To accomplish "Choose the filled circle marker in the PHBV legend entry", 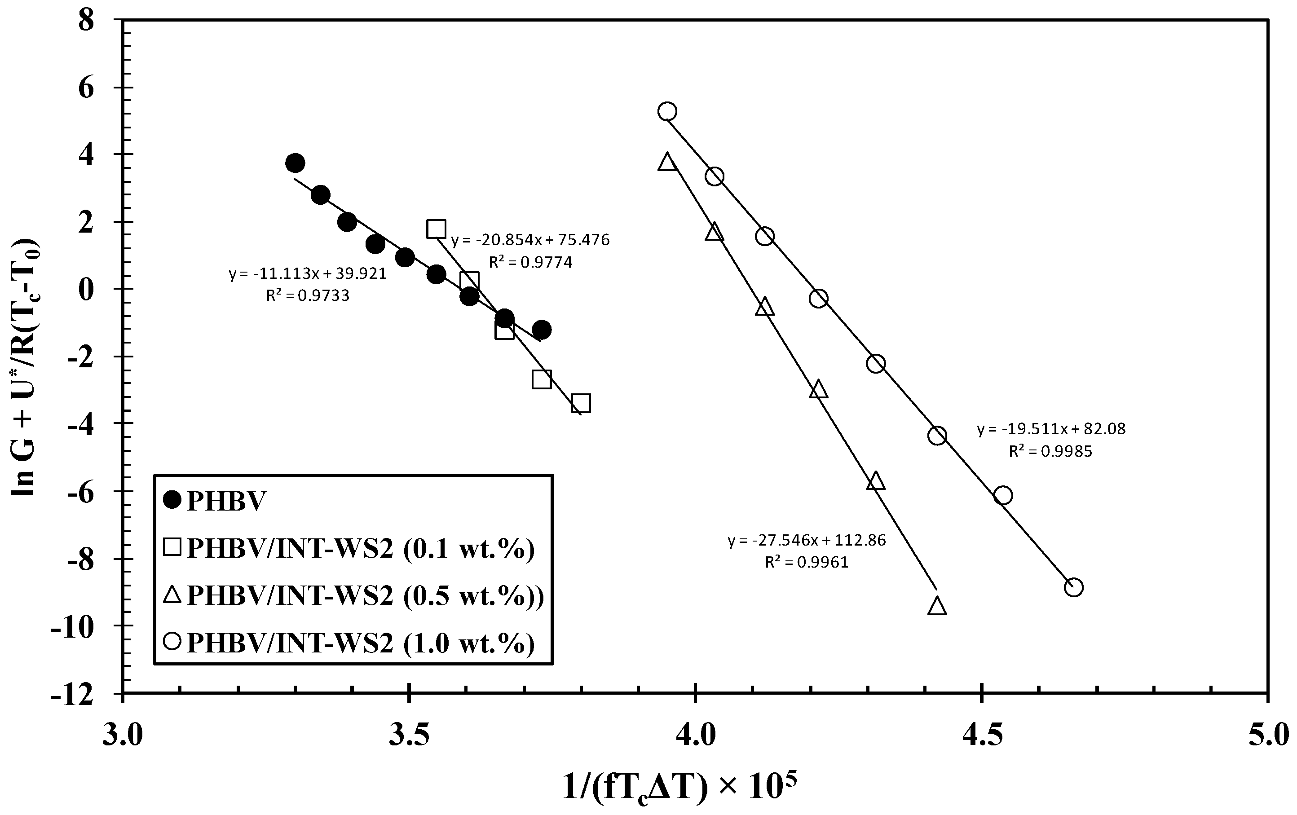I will (172, 500).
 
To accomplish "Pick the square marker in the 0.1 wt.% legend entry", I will (172, 548).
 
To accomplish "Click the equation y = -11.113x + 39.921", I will (308, 273).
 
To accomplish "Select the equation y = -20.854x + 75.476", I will (530, 240).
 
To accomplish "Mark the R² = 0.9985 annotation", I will (1050, 451).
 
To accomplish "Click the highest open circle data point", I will (667, 111).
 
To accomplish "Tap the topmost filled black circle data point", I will (295, 163).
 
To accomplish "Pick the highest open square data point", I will (436, 229).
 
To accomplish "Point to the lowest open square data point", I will (581, 403).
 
